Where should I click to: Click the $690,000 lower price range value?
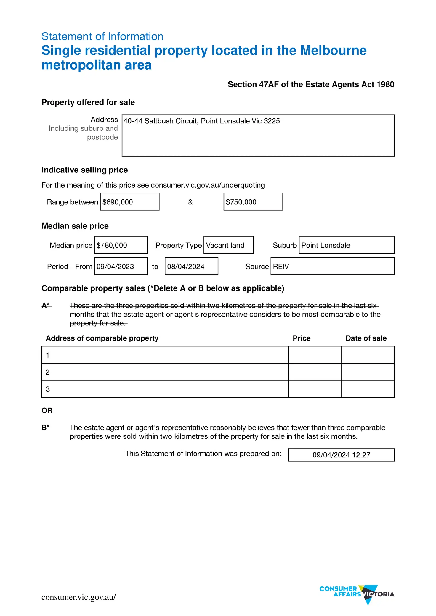[118, 202]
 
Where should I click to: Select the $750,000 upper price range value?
[241, 202]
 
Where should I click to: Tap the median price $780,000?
[112, 245]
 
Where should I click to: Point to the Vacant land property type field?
[225, 245]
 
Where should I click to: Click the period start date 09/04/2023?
[115, 267]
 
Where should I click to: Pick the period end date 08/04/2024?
[186, 267]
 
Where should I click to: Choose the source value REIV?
[281, 267]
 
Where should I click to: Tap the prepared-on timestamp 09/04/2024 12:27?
[341, 455]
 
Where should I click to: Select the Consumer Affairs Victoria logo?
[357, 594]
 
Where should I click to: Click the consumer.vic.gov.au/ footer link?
[78, 597]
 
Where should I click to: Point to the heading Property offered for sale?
[88, 102]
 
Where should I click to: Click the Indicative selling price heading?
[84, 170]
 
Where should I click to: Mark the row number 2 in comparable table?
[47, 372]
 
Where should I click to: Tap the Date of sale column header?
[366, 338]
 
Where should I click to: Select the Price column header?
[302, 338]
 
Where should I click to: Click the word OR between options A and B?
[47, 411]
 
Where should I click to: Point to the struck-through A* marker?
[46, 305]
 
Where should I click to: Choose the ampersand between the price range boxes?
[190, 202]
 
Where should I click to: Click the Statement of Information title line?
[102, 36]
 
